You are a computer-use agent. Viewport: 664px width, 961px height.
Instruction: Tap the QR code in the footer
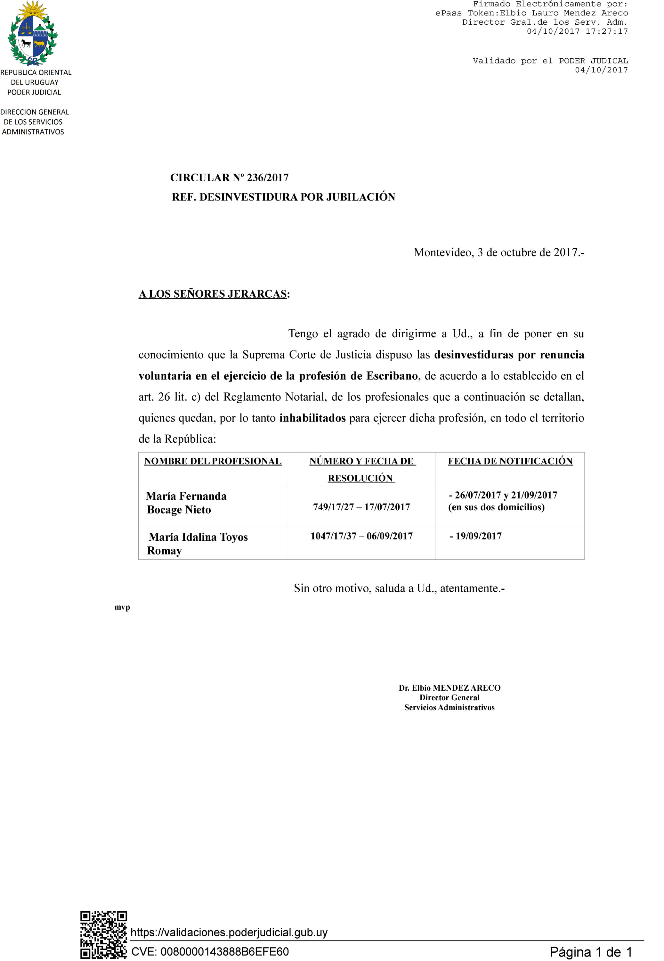pyautogui.click(x=104, y=934)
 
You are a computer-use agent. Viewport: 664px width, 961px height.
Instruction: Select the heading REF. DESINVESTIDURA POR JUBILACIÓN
pyautogui.click(x=283, y=197)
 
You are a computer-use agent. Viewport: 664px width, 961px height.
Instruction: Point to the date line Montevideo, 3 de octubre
pyautogui.click(x=498, y=252)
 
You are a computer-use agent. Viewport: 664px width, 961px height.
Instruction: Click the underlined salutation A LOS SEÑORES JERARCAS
pyautogui.click(x=213, y=294)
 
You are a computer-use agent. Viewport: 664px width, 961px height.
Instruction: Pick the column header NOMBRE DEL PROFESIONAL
pyautogui.click(x=213, y=461)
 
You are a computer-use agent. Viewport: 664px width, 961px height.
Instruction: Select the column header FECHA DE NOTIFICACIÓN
pyautogui.click(x=510, y=461)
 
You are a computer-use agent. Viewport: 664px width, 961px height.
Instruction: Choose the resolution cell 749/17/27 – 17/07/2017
pyautogui.click(x=361, y=507)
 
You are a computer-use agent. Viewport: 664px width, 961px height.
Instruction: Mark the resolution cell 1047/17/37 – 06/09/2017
pyautogui.click(x=361, y=536)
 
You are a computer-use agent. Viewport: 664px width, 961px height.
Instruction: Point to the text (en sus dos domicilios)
pyautogui.click(x=496, y=507)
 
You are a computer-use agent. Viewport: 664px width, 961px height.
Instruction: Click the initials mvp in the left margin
pyautogui.click(x=122, y=607)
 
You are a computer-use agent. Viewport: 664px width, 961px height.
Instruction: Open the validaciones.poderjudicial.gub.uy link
pyautogui.click(x=229, y=932)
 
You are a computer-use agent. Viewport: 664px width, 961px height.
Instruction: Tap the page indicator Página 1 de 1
pyautogui.click(x=591, y=952)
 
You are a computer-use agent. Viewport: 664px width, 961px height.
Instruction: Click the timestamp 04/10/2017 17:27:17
pyautogui.click(x=577, y=31)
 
